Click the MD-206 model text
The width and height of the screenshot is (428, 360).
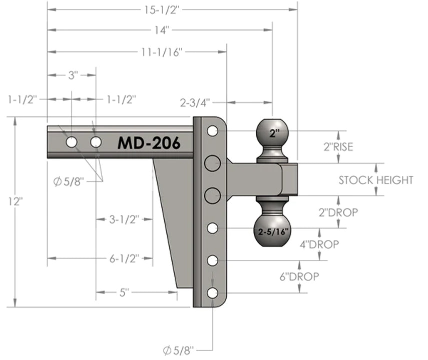coord(149,142)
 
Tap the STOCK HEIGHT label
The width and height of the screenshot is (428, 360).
coord(376,180)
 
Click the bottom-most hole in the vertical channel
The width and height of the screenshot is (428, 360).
coord(212,293)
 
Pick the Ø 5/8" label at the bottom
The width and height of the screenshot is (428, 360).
coord(179,349)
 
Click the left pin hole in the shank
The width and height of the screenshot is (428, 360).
coord(72,142)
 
